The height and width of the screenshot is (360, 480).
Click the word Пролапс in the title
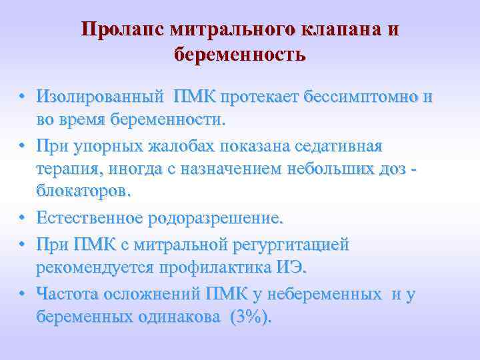click(x=121, y=31)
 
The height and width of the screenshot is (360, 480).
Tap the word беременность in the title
click(x=240, y=54)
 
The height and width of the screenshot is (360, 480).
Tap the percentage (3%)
click(x=250, y=317)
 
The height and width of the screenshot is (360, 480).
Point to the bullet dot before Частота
click(x=23, y=293)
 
